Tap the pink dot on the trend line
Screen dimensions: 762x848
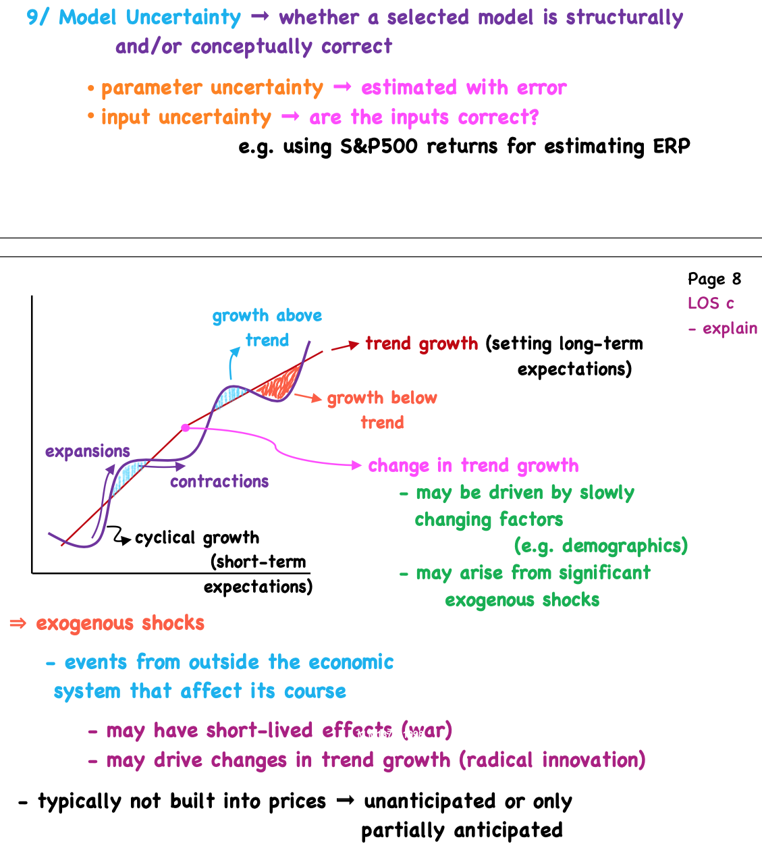[185, 427]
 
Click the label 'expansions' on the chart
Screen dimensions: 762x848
[87, 452]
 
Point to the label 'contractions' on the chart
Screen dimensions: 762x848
[219, 481]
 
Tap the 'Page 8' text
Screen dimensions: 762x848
[714, 279]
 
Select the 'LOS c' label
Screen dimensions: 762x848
[711, 303]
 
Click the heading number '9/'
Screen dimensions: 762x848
[38, 18]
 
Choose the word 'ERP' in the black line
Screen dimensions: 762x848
[672, 147]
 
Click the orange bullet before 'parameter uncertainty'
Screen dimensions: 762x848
[90, 88]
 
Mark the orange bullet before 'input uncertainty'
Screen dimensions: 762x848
[90, 117]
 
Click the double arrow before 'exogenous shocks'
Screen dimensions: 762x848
[18, 623]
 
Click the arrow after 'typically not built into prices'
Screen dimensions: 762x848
[345, 801]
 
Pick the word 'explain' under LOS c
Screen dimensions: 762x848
[730, 329]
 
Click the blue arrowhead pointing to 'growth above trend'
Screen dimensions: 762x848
[235, 351]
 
